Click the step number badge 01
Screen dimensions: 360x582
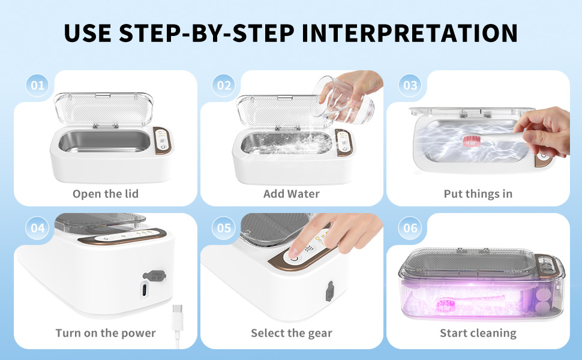[x=38, y=86]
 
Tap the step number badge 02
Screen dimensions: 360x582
[x=224, y=86]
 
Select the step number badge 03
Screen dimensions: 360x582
[x=410, y=86]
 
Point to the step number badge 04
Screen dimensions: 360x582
[x=38, y=229]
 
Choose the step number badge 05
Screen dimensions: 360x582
[x=224, y=229]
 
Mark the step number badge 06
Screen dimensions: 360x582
[x=410, y=229]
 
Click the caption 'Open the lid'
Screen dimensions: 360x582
[x=106, y=194]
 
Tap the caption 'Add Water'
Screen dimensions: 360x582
[x=292, y=194]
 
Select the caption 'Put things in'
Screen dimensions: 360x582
[x=478, y=194]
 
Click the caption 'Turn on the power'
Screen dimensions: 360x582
[x=106, y=333]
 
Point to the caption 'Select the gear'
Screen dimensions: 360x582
[x=292, y=333]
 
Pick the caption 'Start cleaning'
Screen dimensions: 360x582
[x=478, y=333]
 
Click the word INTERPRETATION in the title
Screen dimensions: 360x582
[x=410, y=33]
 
